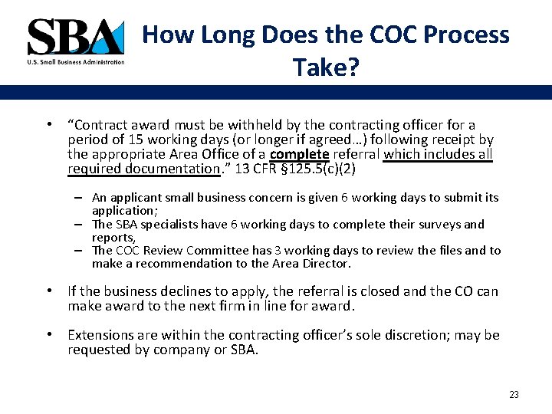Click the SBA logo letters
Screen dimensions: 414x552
pyautogui.click(x=74, y=37)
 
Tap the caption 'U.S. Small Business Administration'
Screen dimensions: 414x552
pyautogui.click(x=75, y=62)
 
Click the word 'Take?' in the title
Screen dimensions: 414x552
pyautogui.click(x=326, y=69)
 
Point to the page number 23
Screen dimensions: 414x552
pyautogui.click(x=514, y=395)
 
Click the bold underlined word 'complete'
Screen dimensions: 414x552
pyautogui.click(x=300, y=154)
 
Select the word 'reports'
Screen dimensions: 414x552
pyautogui.click(x=110, y=237)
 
